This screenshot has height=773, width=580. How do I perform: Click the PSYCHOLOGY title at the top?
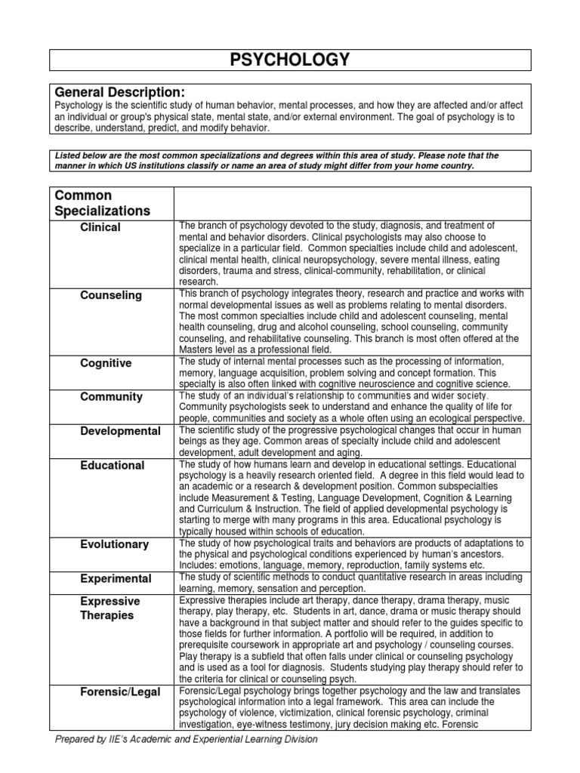point(290,60)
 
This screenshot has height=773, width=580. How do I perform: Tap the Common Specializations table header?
point(102,203)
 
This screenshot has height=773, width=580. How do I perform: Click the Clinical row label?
point(100,227)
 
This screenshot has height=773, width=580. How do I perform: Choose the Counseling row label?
point(111,295)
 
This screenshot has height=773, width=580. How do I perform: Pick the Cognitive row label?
point(106,363)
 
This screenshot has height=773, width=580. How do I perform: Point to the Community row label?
point(111,396)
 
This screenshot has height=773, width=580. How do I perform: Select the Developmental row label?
point(120,431)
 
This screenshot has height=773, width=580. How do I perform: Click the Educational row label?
point(113,465)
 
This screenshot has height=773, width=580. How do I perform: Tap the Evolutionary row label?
point(115,544)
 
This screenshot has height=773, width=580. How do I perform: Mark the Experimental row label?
point(116,578)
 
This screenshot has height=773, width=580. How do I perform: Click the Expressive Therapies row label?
point(110,608)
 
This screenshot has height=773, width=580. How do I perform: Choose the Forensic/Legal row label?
point(120,692)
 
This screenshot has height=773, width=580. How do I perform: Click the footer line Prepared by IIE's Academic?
point(187,739)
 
